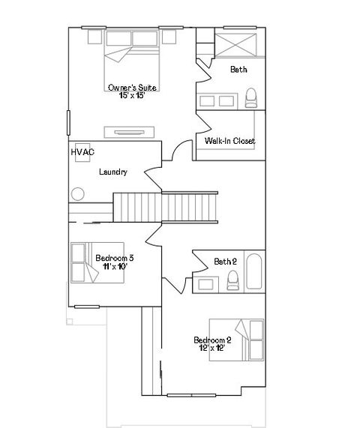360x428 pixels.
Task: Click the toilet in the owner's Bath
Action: [x=252, y=97]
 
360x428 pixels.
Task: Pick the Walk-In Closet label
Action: [x=230, y=141]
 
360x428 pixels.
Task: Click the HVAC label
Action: [x=82, y=152]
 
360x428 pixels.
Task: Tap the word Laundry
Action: [x=112, y=172]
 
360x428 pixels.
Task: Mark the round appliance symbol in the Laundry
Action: [x=77, y=194]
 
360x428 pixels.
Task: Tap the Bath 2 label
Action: [x=225, y=262]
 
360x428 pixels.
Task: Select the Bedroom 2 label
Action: [x=212, y=339]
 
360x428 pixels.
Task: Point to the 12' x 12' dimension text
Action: [x=212, y=347]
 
